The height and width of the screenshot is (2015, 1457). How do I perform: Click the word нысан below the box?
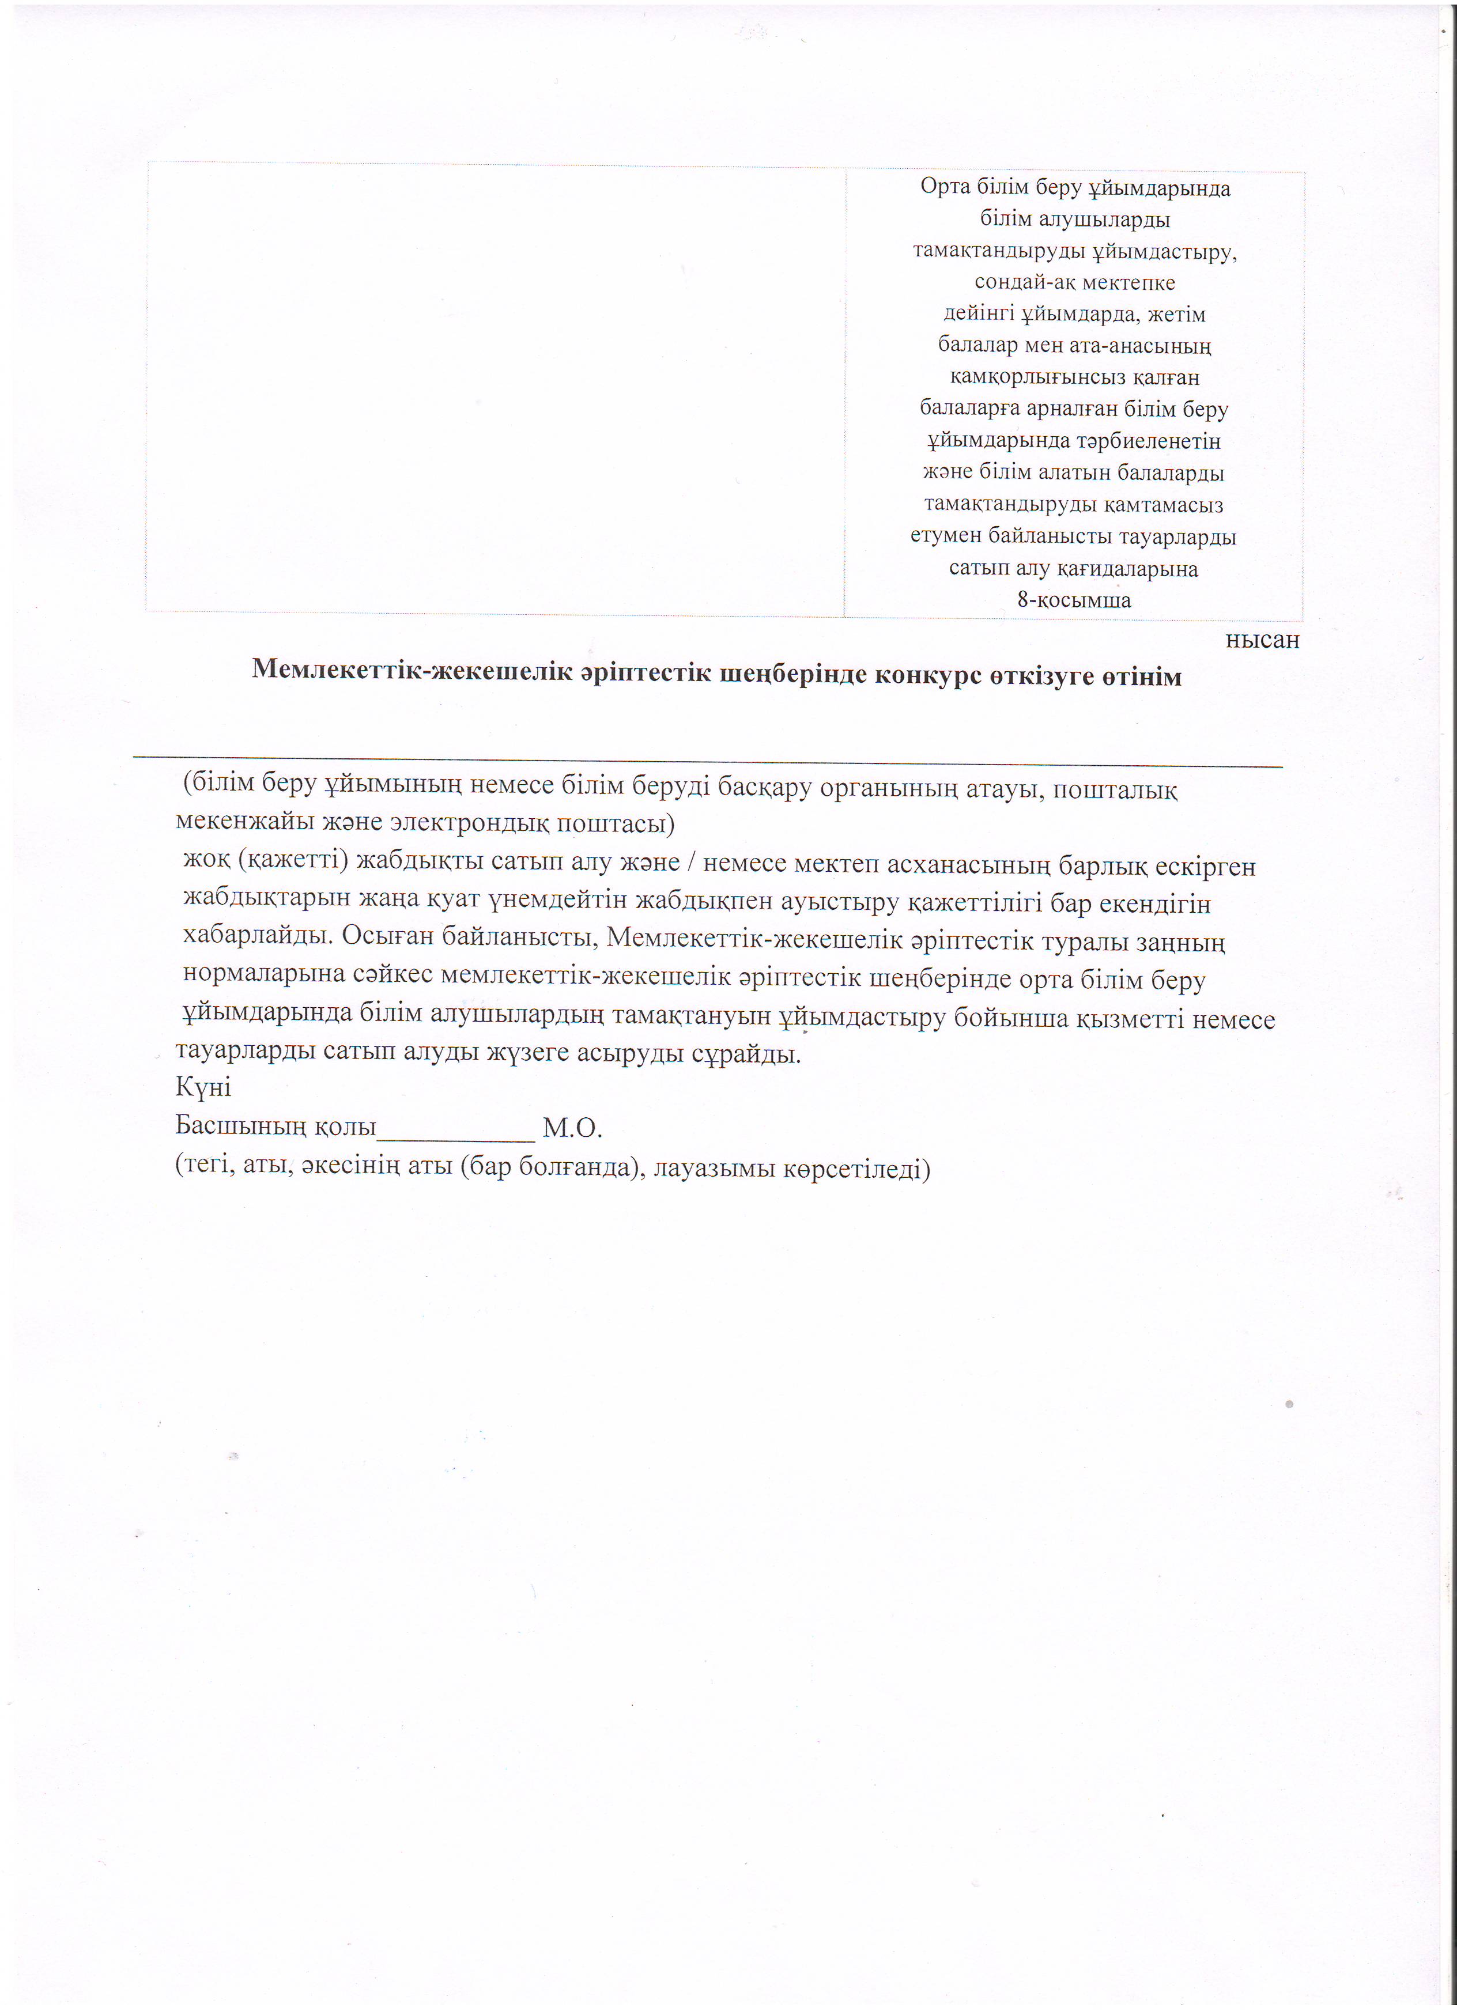1262,640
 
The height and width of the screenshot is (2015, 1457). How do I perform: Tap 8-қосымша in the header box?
1074,600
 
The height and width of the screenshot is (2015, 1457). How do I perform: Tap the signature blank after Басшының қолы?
456,1128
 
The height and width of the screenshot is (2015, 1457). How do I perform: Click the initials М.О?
572,1128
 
